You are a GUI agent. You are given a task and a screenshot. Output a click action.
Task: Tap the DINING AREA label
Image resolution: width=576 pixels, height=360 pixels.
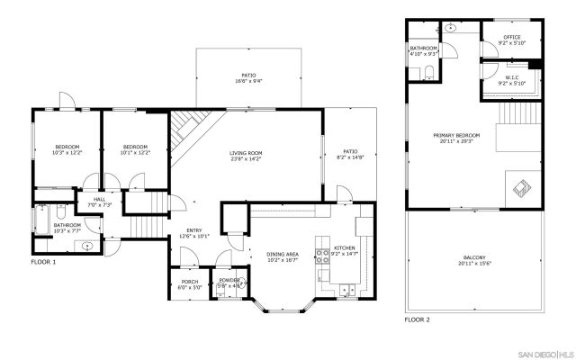(283, 255)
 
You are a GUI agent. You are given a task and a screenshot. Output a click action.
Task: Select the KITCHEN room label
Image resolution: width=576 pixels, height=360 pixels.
(346, 247)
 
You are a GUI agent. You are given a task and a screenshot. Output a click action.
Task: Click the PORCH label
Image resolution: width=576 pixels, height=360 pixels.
(190, 282)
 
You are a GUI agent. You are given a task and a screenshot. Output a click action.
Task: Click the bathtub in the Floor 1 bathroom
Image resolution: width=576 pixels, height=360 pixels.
(43, 218)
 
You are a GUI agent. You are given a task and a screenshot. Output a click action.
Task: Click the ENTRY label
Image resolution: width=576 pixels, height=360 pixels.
(194, 230)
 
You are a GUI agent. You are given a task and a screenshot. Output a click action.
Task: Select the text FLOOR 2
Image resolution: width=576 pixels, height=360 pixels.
(417, 319)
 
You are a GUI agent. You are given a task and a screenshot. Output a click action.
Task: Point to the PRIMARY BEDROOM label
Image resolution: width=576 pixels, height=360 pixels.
(456, 135)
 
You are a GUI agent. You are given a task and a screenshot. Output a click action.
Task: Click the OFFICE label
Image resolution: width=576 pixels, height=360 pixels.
(511, 37)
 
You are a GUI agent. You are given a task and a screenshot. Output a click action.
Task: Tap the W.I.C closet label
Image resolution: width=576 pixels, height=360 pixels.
(510, 78)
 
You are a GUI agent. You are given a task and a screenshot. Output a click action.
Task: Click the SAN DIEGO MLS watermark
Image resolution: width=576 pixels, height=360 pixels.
(537, 352)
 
